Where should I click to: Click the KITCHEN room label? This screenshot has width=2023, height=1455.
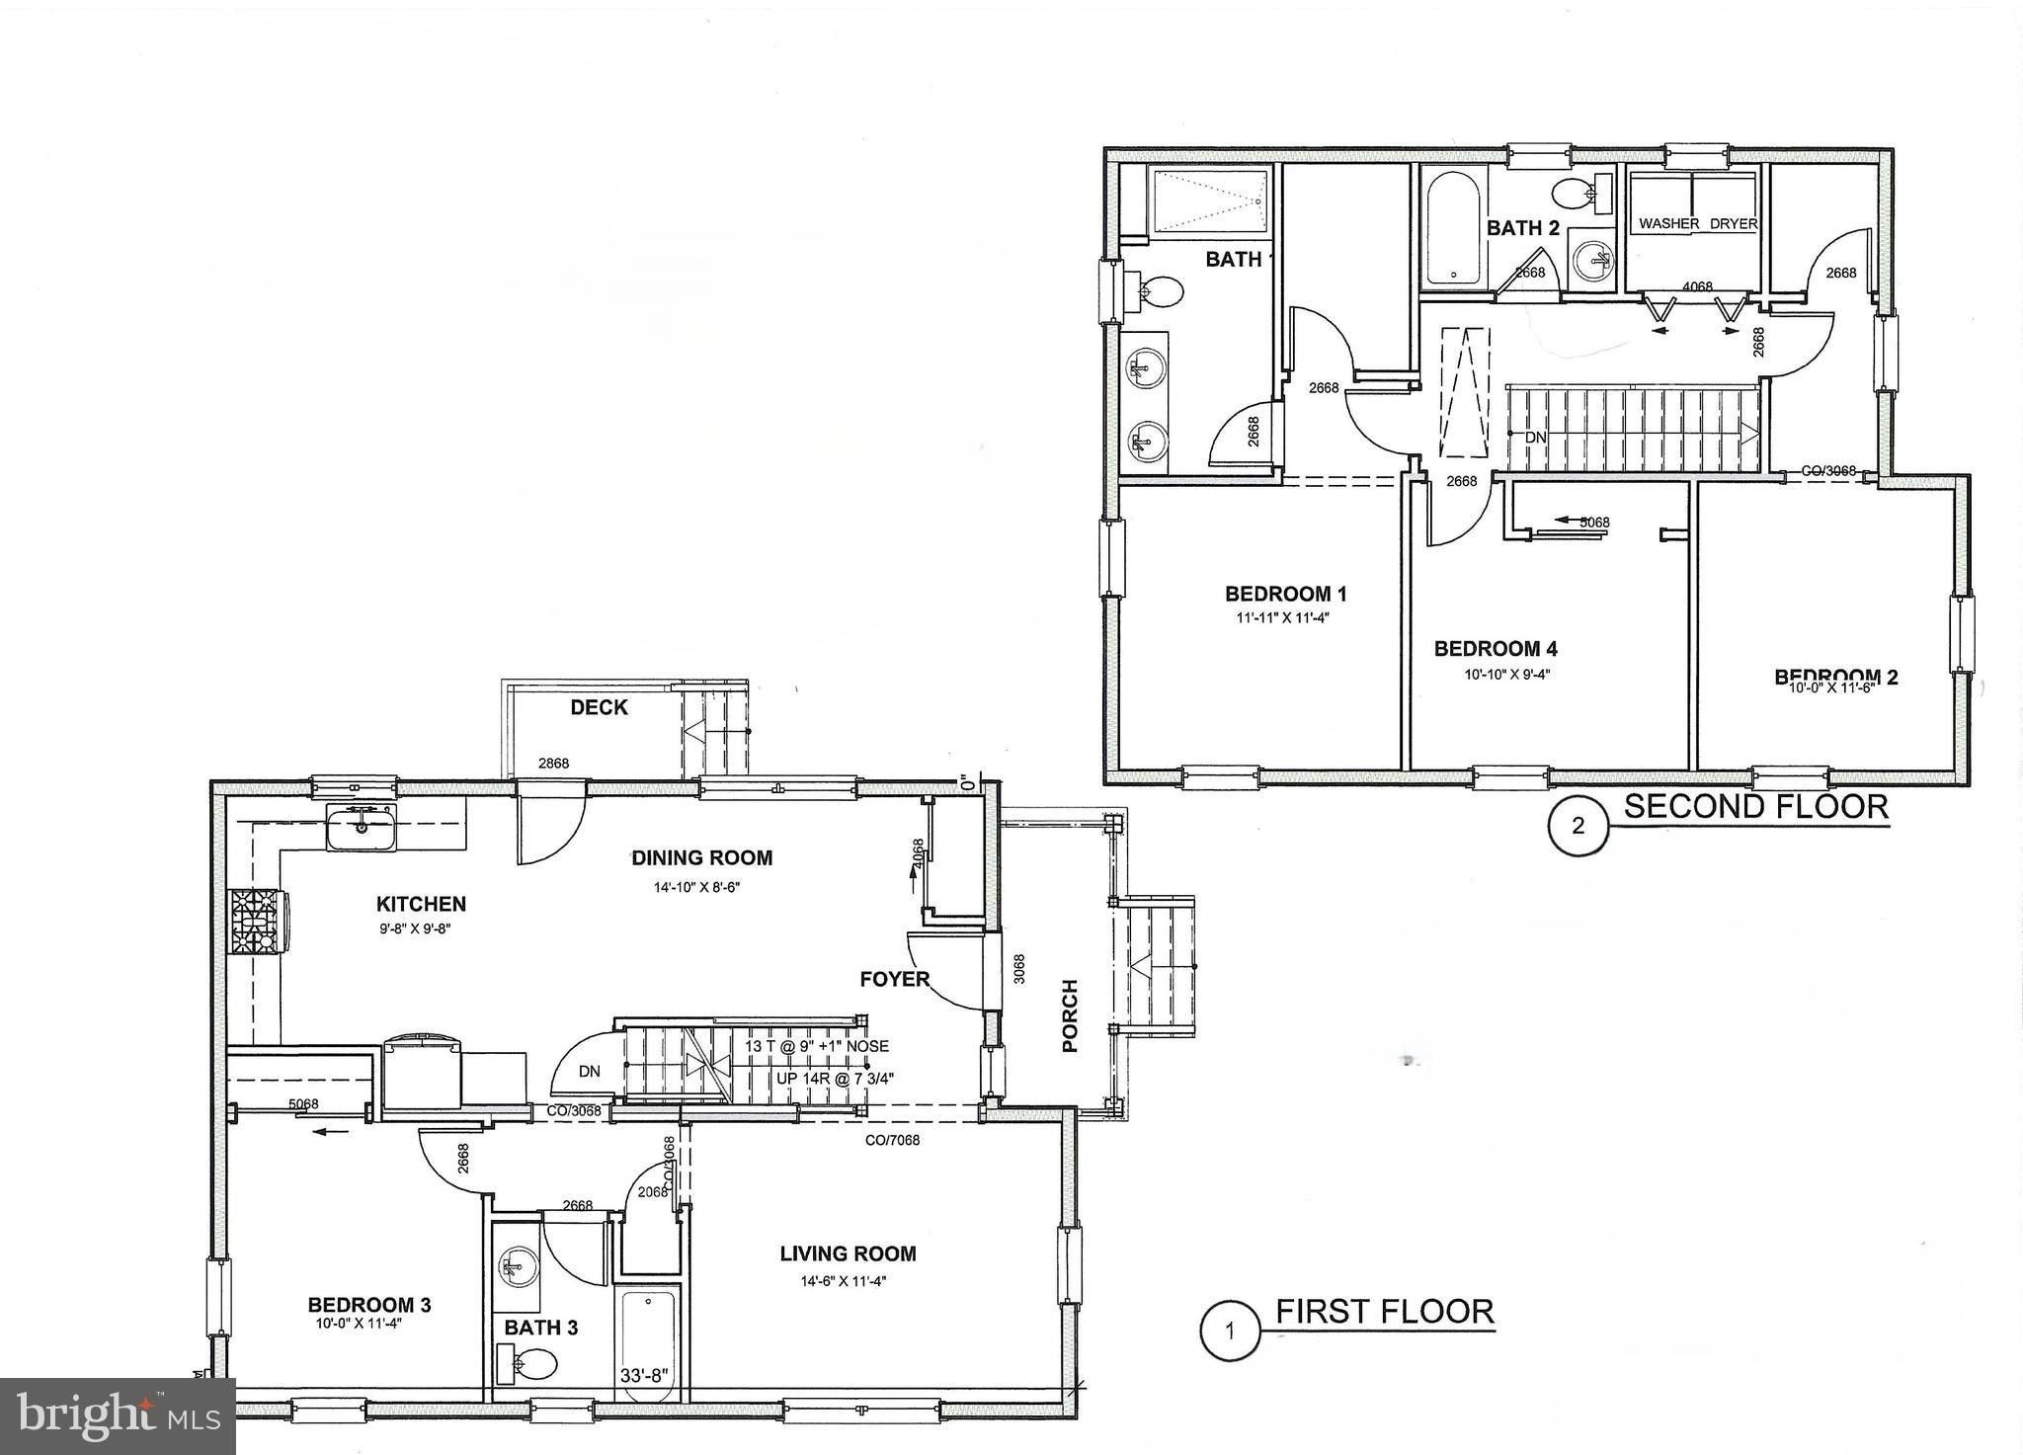click(x=421, y=904)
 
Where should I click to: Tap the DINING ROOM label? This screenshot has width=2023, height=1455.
click(x=702, y=857)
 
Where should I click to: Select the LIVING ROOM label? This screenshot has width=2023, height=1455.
click(x=848, y=1253)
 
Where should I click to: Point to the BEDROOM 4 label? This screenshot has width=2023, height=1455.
click(x=1496, y=649)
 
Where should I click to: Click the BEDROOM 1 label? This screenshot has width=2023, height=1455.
click(x=1286, y=594)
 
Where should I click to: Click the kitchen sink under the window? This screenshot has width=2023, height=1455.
click(x=362, y=827)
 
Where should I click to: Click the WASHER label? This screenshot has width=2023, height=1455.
click(x=1669, y=224)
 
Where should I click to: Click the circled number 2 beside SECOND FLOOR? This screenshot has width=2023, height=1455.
click(x=1578, y=826)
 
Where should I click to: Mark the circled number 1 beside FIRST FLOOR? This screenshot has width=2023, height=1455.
click(x=1230, y=1331)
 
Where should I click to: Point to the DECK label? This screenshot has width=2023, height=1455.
click(x=599, y=707)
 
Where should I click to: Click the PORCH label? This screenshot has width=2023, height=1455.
click(x=1070, y=1015)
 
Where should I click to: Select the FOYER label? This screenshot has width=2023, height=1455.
click(x=894, y=979)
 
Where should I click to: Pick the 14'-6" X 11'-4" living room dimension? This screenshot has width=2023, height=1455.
click(x=845, y=1281)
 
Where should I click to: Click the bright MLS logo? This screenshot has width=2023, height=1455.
click(x=117, y=1415)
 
